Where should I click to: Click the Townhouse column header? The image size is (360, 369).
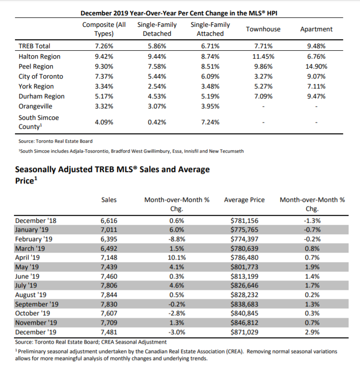point(263,29)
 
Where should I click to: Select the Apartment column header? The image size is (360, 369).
point(316,29)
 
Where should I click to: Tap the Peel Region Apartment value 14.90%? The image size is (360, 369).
point(316,67)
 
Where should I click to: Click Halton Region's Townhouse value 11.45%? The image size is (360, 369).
point(263,57)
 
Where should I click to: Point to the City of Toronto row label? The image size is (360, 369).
point(41,77)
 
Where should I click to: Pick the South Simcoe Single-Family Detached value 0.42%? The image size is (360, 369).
point(157,122)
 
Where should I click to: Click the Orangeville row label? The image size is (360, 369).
point(35,106)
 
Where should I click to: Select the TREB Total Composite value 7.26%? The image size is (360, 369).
point(104,46)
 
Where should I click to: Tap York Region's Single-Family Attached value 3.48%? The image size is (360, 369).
point(210,87)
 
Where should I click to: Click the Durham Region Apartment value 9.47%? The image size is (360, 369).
point(316,96)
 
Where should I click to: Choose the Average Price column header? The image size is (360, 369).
point(244,200)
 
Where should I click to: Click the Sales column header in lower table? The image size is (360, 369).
point(109,200)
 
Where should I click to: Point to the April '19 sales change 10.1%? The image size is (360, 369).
point(177,258)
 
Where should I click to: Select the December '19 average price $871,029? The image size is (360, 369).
point(244,332)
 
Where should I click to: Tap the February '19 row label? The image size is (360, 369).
point(34,239)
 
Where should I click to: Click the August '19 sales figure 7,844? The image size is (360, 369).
point(109,295)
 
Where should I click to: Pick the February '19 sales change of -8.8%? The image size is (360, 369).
point(177,239)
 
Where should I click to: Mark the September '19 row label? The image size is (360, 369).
point(37,304)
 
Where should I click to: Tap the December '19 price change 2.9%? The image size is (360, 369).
point(312,332)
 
